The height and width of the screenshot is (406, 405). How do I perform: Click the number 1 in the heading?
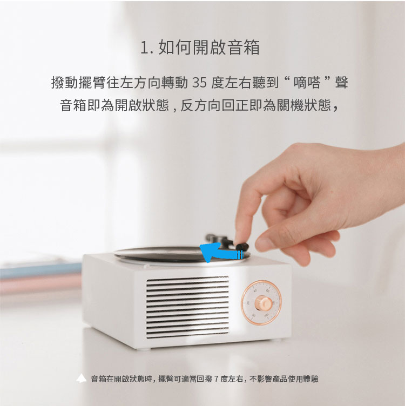(x=145, y=48)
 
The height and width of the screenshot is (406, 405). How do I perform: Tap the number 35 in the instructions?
(x=199, y=83)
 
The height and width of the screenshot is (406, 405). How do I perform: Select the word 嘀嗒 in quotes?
(x=307, y=83)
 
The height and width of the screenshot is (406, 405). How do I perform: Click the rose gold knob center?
(x=264, y=303)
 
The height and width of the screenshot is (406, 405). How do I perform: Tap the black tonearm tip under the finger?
(x=242, y=246)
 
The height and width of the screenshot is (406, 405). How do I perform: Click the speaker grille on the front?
(x=187, y=307)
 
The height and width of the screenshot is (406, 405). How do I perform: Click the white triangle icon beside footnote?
(x=81, y=378)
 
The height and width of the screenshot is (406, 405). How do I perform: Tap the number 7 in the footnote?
(x=216, y=379)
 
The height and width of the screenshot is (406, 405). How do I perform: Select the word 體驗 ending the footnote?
(x=311, y=379)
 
